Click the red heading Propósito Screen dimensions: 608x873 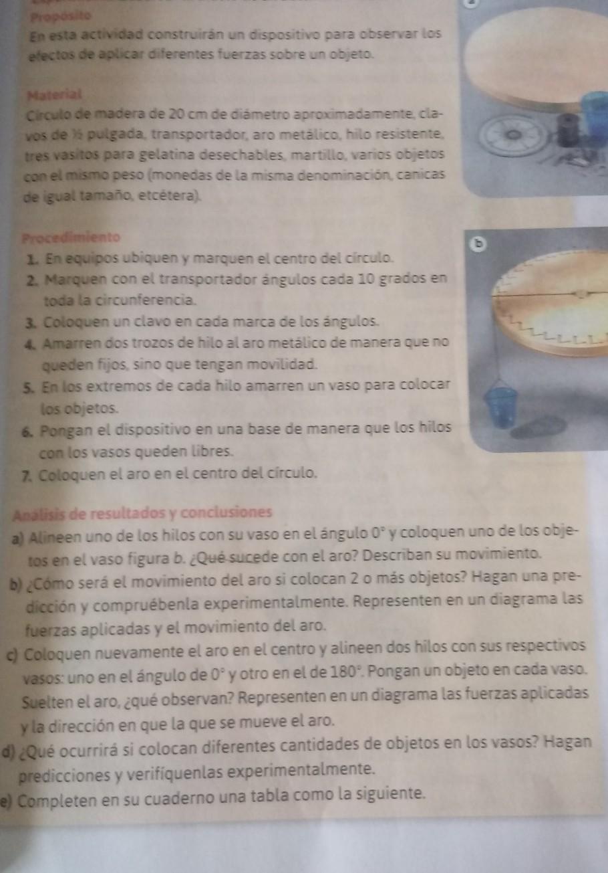(x=61, y=17)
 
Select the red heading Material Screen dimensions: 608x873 (x=55, y=95)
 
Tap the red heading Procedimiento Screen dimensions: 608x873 (x=71, y=237)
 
